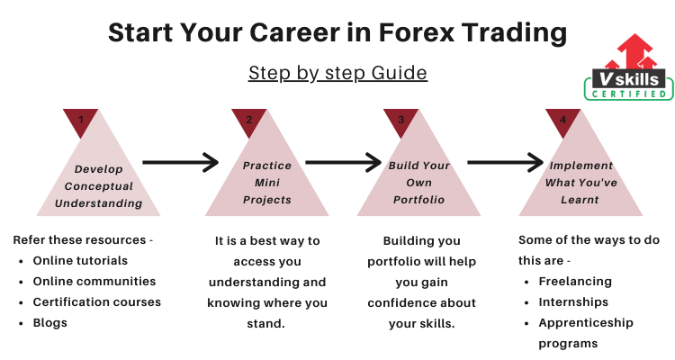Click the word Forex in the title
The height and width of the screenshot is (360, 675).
[x=417, y=32]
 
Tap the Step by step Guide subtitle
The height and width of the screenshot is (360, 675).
[x=337, y=73]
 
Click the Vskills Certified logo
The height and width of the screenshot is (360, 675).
[x=628, y=67]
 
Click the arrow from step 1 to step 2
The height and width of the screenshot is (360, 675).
[x=180, y=162]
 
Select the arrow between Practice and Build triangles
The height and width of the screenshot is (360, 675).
[x=343, y=162]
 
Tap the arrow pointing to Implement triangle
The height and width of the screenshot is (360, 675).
[x=506, y=162]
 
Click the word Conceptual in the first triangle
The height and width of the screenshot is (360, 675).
[x=99, y=186]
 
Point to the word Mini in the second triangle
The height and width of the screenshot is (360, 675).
[x=267, y=183]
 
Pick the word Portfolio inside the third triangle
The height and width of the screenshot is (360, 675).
[x=418, y=200]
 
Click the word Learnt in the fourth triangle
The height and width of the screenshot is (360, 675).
[x=580, y=200]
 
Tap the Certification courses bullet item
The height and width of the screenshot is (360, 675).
[x=97, y=302]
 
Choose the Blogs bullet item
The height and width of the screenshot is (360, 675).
[x=49, y=323]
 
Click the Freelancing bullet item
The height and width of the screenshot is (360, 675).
[x=575, y=282]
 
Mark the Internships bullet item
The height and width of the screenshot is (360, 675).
[x=573, y=302]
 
